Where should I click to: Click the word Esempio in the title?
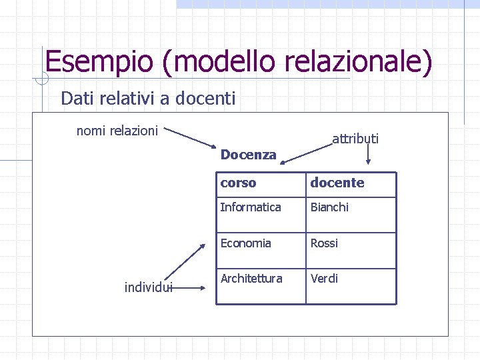click(x=99, y=62)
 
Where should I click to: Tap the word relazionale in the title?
click(x=356, y=62)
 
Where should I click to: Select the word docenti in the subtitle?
click(x=206, y=99)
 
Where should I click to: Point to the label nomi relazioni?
click(x=117, y=131)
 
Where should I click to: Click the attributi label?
click(x=355, y=139)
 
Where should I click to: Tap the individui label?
click(x=149, y=287)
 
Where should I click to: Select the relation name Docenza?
click(x=248, y=155)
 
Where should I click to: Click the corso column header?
click(x=238, y=183)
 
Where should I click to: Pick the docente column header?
click(x=337, y=183)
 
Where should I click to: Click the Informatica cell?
click(x=251, y=207)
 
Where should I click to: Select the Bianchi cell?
click(x=329, y=207)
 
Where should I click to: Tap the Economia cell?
click(x=246, y=243)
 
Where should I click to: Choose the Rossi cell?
click(x=324, y=243)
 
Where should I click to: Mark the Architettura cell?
click(x=251, y=278)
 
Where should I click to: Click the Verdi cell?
click(x=324, y=278)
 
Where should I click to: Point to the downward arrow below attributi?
click(x=369, y=155)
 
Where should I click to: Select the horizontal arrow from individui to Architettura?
click(x=191, y=288)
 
